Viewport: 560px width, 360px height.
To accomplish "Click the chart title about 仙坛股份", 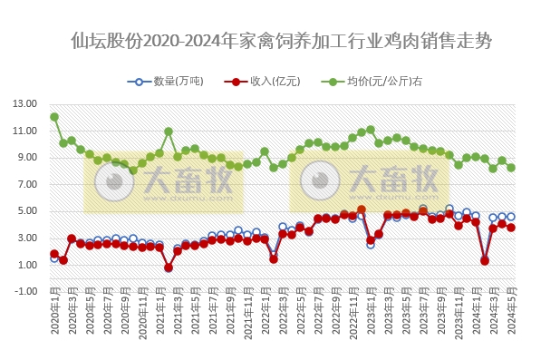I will pos(280,41).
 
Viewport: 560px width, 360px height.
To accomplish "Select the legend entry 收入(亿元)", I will pos(267,82).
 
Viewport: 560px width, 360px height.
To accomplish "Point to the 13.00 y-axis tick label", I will pos(26,103).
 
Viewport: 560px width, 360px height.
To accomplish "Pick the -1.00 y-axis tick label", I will pos(26,291).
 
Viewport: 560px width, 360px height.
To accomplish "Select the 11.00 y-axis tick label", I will pos(26,131).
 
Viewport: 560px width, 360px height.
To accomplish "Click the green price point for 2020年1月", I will pos(54,117).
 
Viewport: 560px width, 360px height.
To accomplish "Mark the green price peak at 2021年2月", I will pos(169,131).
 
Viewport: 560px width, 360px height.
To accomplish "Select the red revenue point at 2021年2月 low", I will pos(169,268).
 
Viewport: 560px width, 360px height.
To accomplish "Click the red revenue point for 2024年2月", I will pos(485,260).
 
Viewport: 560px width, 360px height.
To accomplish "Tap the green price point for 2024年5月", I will pos(511,168).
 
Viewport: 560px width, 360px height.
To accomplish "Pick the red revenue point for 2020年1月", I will pos(54,254).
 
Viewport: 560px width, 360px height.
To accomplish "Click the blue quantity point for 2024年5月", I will pos(511,217).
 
